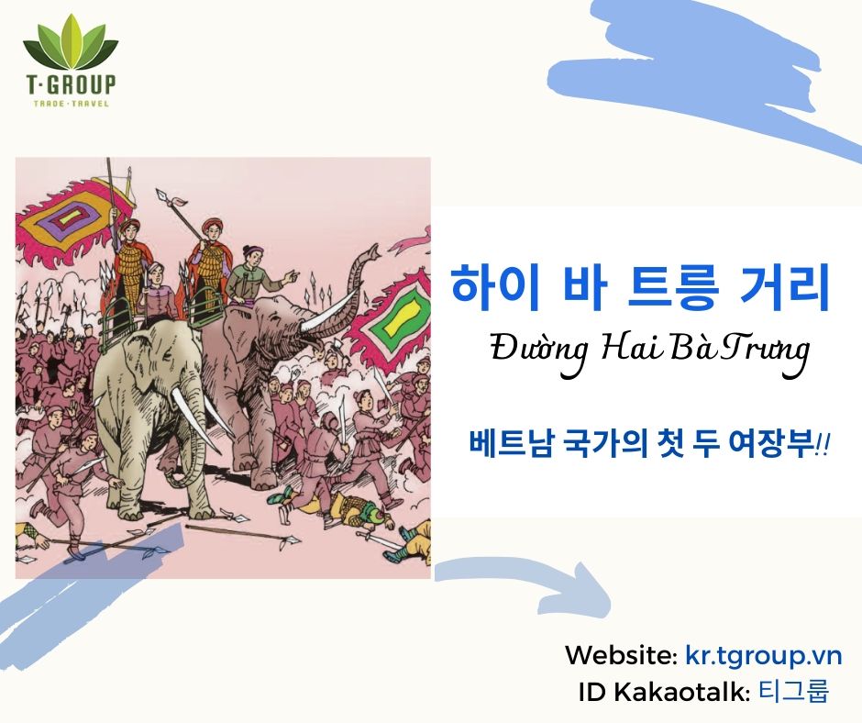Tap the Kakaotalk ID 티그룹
(793, 690)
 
